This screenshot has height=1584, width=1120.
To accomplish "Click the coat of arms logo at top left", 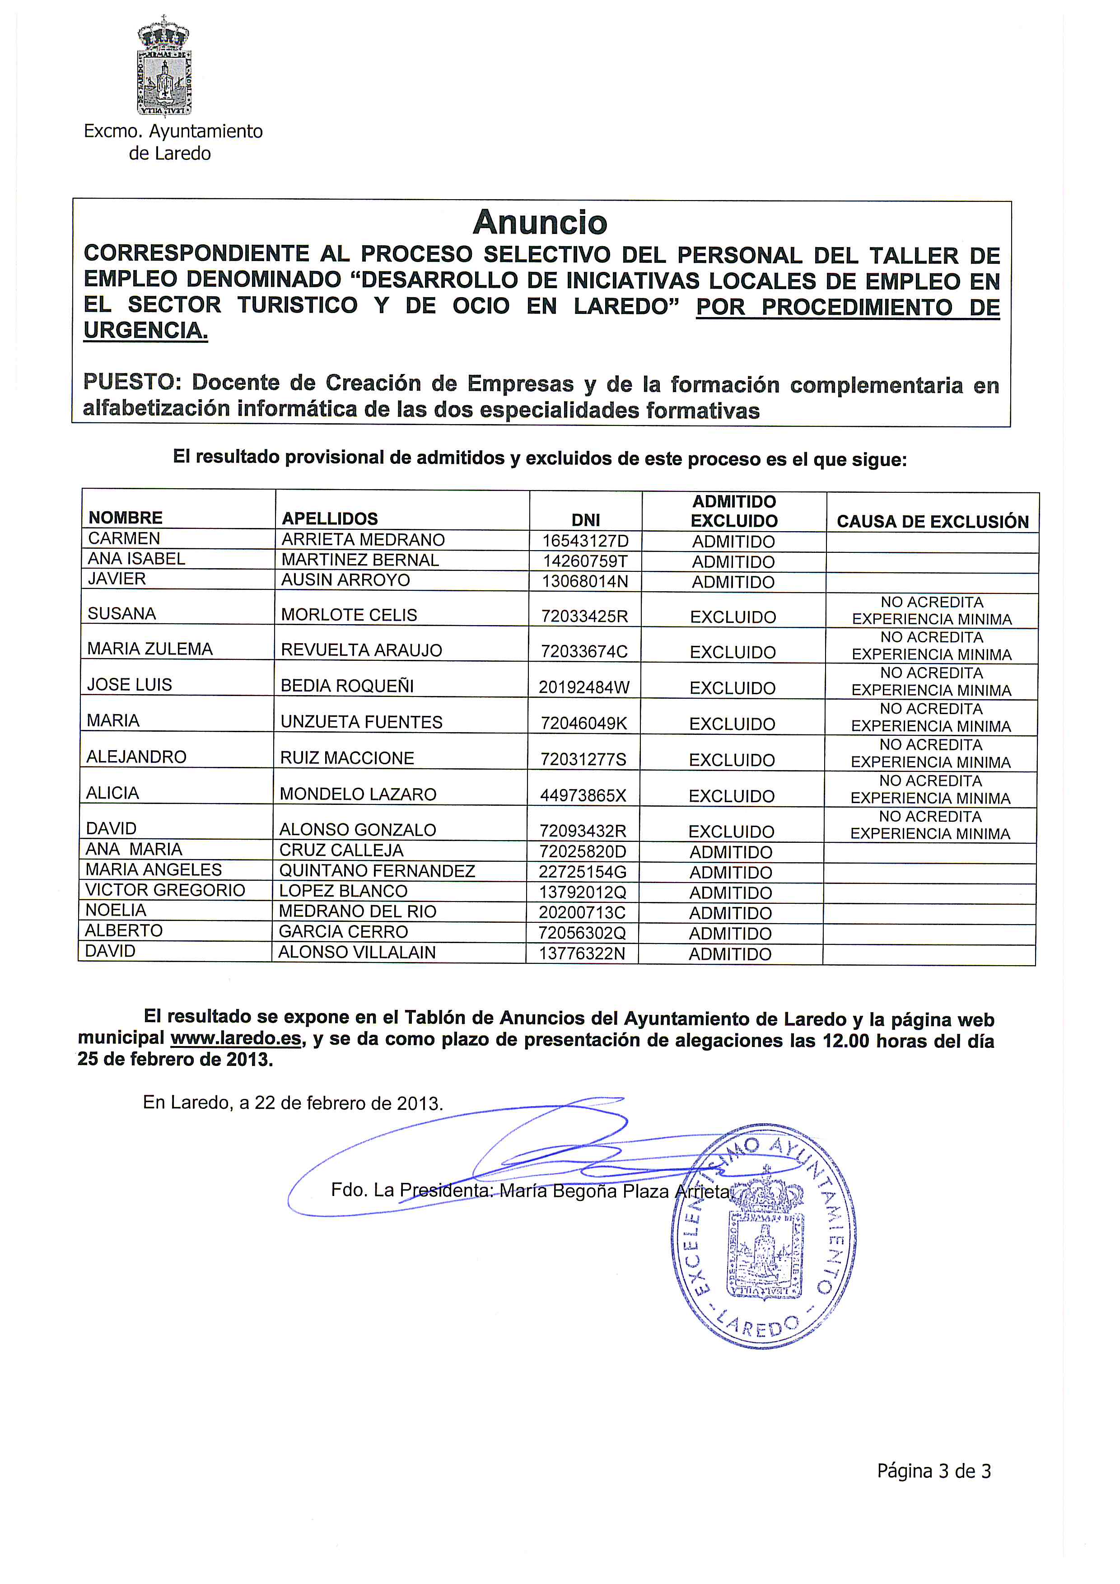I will coord(164,66).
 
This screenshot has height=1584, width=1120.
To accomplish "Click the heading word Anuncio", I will coord(540,222).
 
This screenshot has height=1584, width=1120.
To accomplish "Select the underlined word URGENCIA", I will coord(145,331).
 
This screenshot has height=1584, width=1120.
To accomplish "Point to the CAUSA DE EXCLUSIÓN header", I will coord(933,522).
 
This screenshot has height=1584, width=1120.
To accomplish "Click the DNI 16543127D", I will coord(585,541).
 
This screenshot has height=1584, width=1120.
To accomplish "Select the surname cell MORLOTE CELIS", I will coord(349,615).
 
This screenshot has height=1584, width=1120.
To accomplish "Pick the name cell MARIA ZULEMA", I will coord(149,649).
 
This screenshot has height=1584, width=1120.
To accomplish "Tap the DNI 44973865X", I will coord(583,795).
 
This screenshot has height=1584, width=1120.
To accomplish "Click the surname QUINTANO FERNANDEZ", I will coord(377,871).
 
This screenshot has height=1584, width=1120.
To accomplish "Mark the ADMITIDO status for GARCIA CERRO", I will coord(730,934).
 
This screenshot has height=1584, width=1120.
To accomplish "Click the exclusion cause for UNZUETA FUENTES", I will coord(931,718).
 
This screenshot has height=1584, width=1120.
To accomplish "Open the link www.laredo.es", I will coord(236,1038).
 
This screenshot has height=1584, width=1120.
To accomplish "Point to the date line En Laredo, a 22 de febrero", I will coord(292,1103).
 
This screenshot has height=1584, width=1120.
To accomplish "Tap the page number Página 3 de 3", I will coord(933,1472).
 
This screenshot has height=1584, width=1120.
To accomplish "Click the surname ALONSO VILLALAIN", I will coord(357,952).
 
